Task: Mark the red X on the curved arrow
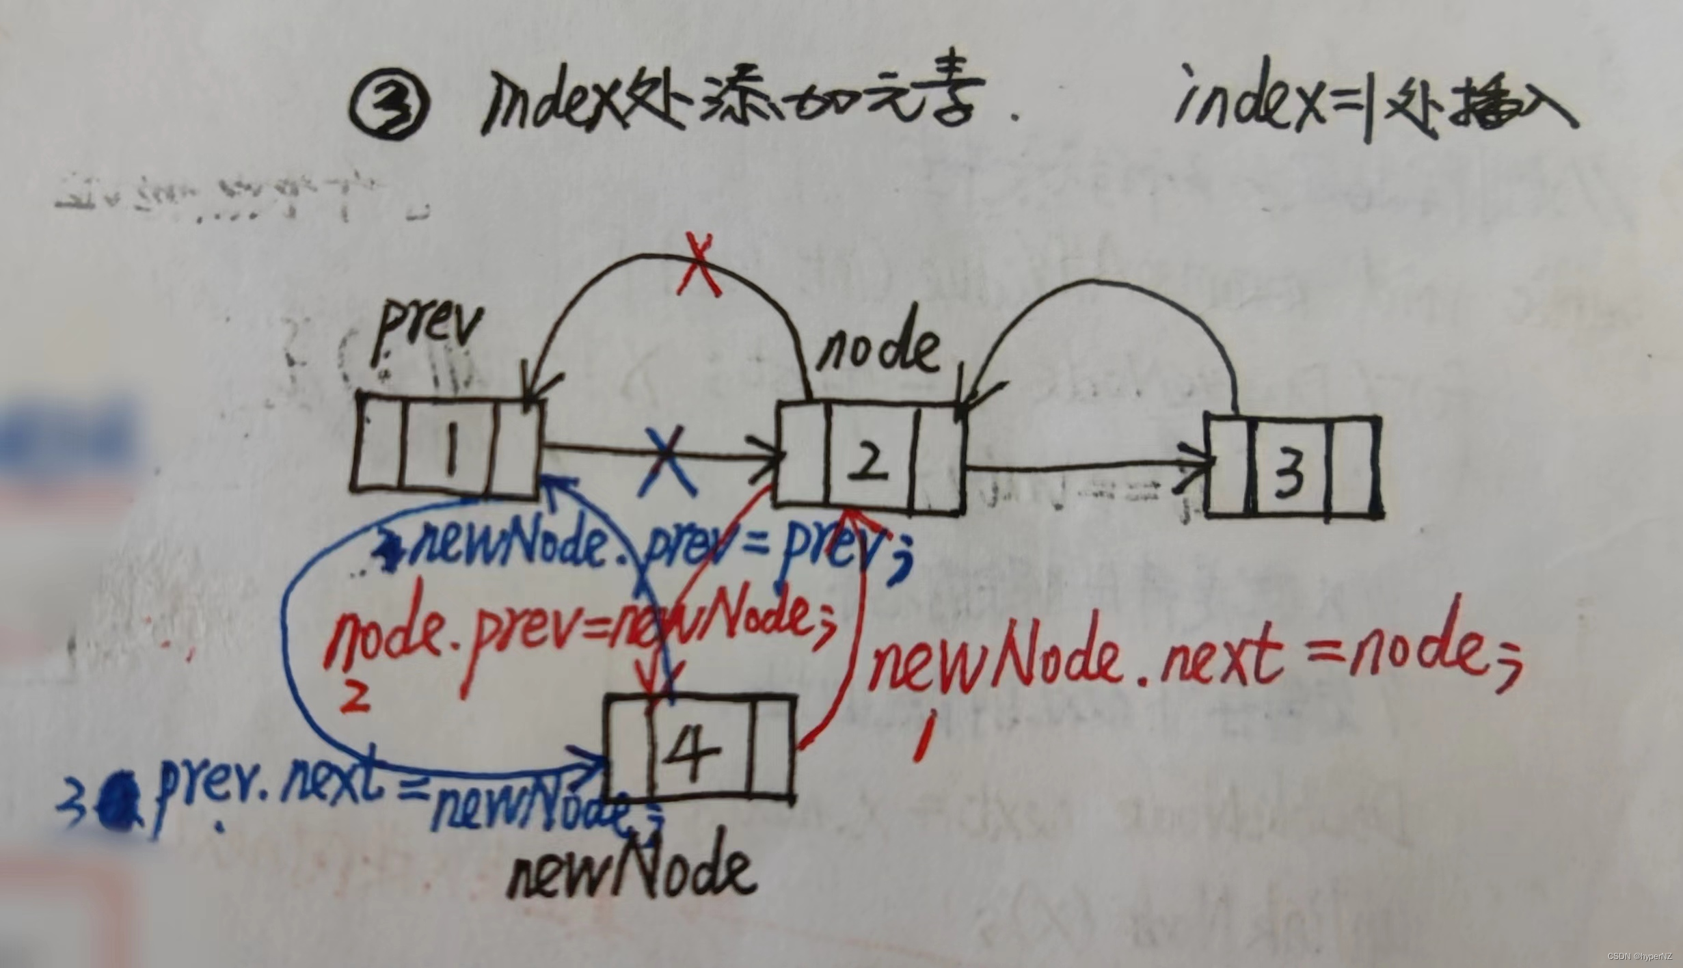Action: click(699, 265)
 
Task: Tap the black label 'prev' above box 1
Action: click(427, 333)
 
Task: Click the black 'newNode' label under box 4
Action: click(632, 872)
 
